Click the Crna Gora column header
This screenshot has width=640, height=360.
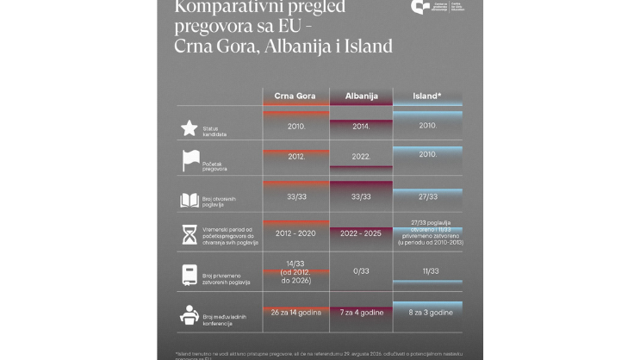coord(295,96)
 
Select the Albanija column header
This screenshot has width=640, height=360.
coord(361,96)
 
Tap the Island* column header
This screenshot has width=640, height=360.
coord(427,96)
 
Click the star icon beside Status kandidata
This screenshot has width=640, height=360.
coord(190,127)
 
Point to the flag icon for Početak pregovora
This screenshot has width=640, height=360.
coord(190,160)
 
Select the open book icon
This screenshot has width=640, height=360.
coord(190,200)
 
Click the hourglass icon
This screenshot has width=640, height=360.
coord(190,235)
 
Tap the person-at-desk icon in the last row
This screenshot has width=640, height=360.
coord(190,315)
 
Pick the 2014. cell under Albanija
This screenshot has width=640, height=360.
coord(361,126)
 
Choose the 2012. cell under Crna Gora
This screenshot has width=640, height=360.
coord(295,157)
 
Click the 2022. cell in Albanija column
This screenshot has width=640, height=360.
coord(361,157)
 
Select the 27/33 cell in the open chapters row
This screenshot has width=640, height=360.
coord(427,196)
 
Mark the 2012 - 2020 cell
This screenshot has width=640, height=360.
coord(295,233)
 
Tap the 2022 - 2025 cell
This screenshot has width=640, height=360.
coord(361,233)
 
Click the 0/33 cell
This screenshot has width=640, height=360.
coord(361,271)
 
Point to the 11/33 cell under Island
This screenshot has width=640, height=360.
coord(427,271)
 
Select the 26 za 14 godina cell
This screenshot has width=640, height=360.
coord(295,311)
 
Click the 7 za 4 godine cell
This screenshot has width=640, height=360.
coord(361,311)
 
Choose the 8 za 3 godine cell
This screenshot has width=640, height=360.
coord(427,311)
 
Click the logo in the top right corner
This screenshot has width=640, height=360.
coord(421,8)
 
